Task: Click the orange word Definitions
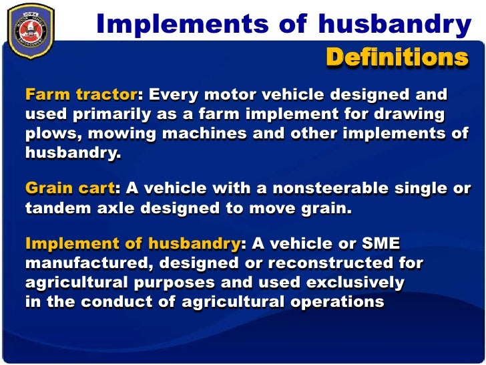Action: [397, 58]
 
